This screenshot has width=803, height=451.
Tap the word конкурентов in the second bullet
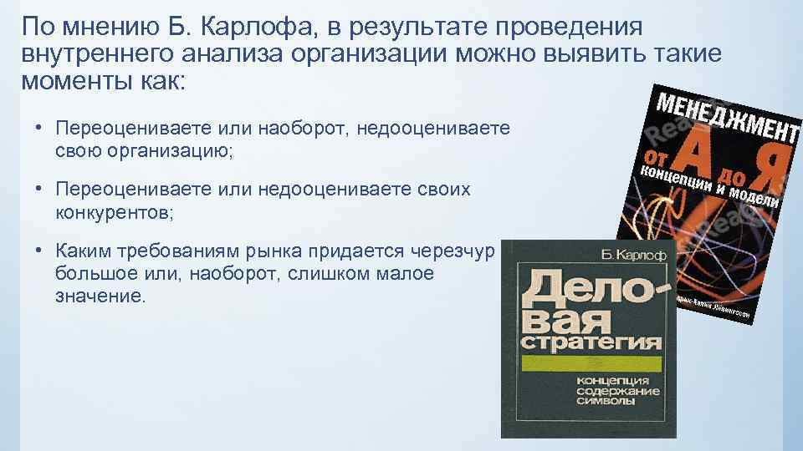110,212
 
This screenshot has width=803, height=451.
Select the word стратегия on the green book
590,343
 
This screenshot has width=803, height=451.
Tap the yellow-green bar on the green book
591,364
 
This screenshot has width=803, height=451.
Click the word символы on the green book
605,403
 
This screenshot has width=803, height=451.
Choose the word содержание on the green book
618,392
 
